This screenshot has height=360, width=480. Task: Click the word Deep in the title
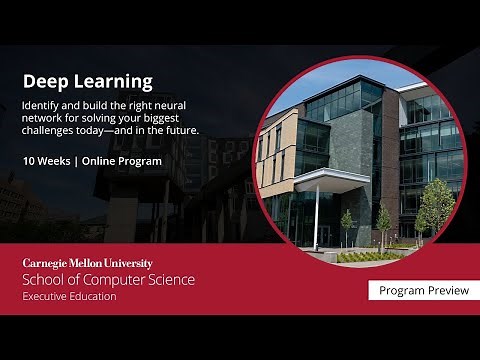pyautogui.click(x=44, y=81)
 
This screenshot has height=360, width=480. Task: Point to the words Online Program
pyautogui.click(x=126, y=160)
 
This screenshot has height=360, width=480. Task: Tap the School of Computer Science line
pyautogui.click(x=109, y=279)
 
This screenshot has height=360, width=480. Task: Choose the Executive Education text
pyautogui.click(x=70, y=296)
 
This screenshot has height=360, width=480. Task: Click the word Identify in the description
pyautogui.click(x=45, y=104)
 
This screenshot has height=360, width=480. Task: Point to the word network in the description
pyautogui.click(x=48, y=117)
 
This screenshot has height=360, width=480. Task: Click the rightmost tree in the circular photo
pyautogui.click(x=437, y=205)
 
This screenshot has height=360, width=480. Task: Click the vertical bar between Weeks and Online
pyautogui.click(x=84, y=160)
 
